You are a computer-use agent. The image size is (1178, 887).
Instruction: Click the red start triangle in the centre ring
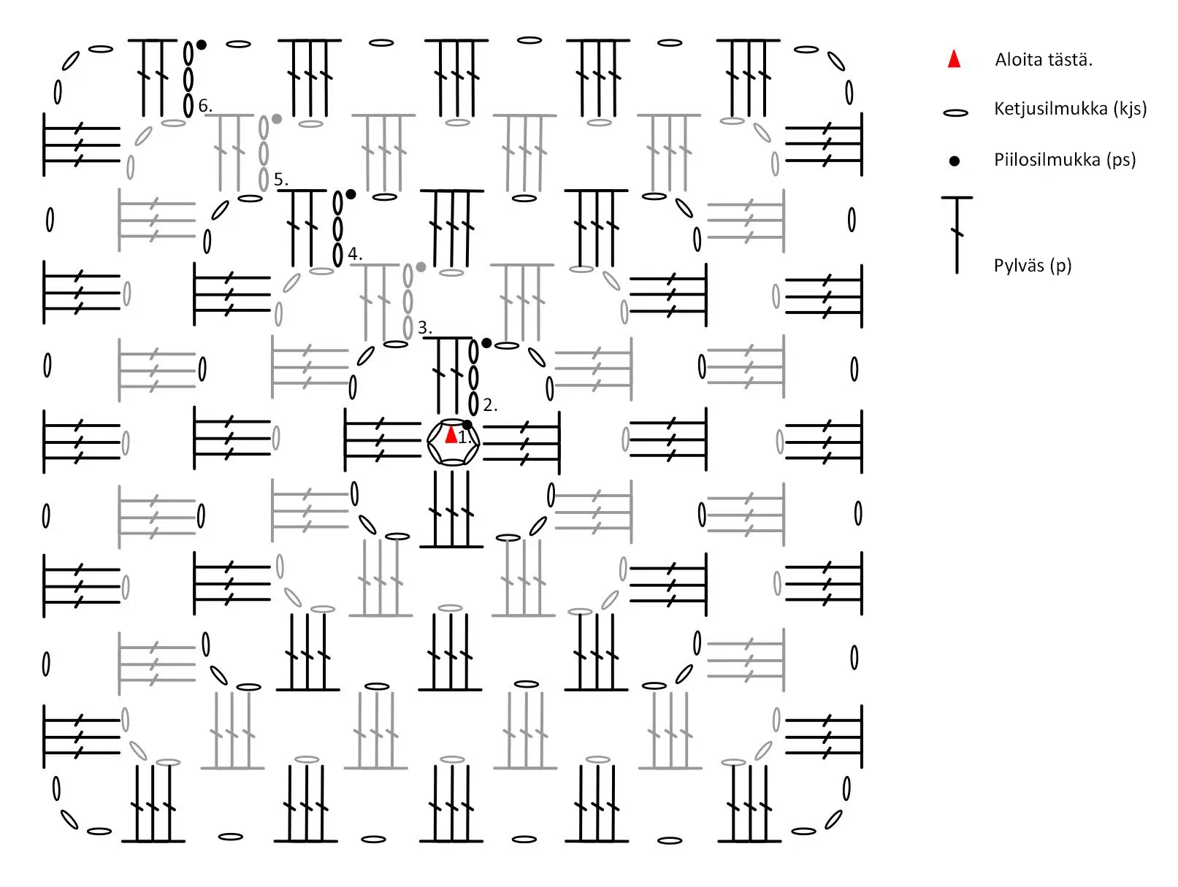[x=451, y=435]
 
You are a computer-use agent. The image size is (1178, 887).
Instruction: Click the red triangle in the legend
[x=954, y=59]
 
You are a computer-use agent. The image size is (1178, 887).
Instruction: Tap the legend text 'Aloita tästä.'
[x=1044, y=60]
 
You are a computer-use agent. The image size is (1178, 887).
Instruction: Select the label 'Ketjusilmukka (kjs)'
[x=1070, y=109]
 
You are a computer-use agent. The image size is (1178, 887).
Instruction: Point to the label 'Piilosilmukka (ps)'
[x=1065, y=160]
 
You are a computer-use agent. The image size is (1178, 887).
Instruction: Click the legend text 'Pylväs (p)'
[x=1033, y=266]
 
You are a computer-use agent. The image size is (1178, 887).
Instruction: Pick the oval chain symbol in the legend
[x=955, y=112]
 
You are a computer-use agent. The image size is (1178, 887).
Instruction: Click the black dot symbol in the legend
[x=955, y=161]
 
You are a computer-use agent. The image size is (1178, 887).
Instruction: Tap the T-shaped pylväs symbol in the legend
[x=957, y=235]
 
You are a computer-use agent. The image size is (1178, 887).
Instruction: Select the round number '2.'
[x=490, y=405]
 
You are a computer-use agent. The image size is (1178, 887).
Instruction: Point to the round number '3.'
[x=424, y=327]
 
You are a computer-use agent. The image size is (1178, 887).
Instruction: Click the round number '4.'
[x=355, y=253]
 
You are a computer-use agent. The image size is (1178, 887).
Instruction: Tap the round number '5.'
[x=280, y=179]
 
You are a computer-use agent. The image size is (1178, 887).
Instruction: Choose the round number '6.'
[x=205, y=106]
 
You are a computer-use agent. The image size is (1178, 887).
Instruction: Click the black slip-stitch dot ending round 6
[x=202, y=45]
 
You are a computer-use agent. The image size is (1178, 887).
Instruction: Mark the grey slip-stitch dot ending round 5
[x=276, y=118]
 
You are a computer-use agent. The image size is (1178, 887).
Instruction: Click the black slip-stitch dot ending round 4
[x=351, y=193]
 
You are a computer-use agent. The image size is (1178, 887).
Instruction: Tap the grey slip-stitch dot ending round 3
[x=421, y=266]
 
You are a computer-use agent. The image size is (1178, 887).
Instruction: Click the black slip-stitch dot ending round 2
[x=486, y=342]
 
